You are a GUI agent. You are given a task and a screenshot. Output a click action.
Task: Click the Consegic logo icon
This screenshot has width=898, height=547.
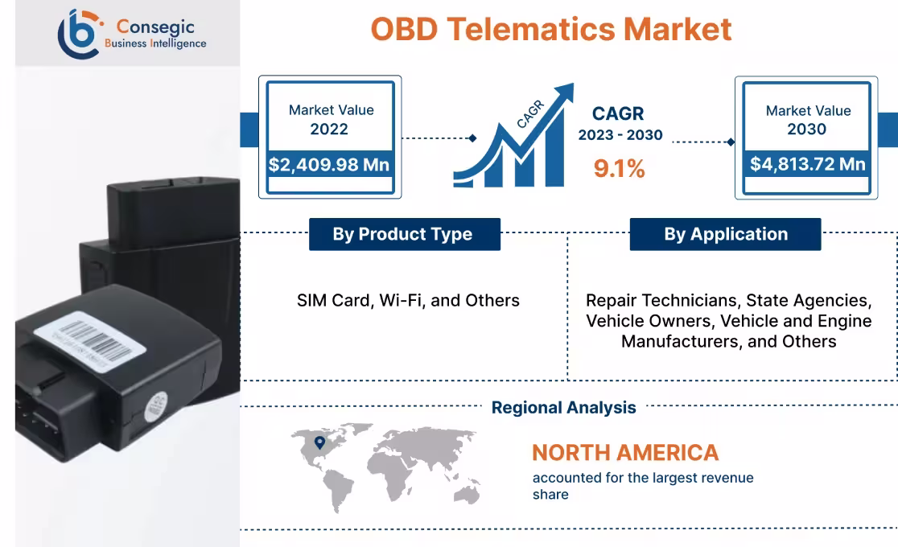[79, 33]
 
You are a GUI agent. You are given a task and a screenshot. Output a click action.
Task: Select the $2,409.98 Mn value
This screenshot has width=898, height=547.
[329, 165]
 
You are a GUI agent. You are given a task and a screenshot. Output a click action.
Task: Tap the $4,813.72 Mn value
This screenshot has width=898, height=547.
[807, 164]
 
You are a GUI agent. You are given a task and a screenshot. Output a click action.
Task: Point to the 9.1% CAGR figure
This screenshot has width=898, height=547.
[619, 168]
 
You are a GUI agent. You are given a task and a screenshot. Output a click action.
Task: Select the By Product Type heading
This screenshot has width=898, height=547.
[402, 234]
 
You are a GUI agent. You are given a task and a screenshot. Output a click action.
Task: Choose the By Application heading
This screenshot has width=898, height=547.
[725, 234]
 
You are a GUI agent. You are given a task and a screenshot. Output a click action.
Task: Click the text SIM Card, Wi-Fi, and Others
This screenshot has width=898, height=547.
[408, 300]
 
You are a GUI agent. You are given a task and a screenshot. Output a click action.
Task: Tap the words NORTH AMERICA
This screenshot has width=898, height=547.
[625, 452]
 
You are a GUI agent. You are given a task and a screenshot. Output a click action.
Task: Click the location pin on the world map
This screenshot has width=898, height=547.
[319, 442]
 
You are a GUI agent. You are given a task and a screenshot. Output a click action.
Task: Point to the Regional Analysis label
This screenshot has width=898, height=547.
[563, 408]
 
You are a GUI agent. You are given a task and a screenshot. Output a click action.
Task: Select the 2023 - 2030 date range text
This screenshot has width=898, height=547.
[620, 135]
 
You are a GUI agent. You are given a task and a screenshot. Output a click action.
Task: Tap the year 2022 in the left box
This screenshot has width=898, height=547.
[329, 130]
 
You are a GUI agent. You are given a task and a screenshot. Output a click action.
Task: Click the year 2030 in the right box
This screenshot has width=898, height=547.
[807, 130]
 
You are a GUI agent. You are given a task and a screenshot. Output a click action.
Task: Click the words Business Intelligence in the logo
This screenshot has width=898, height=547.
[155, 43]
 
